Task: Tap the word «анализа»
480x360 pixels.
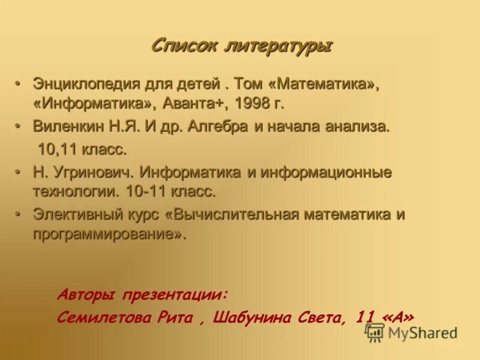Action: (x=356, y=126)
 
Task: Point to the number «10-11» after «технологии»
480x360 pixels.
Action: (x=145, y=192)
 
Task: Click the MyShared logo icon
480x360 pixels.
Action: (x=375, y=332)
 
